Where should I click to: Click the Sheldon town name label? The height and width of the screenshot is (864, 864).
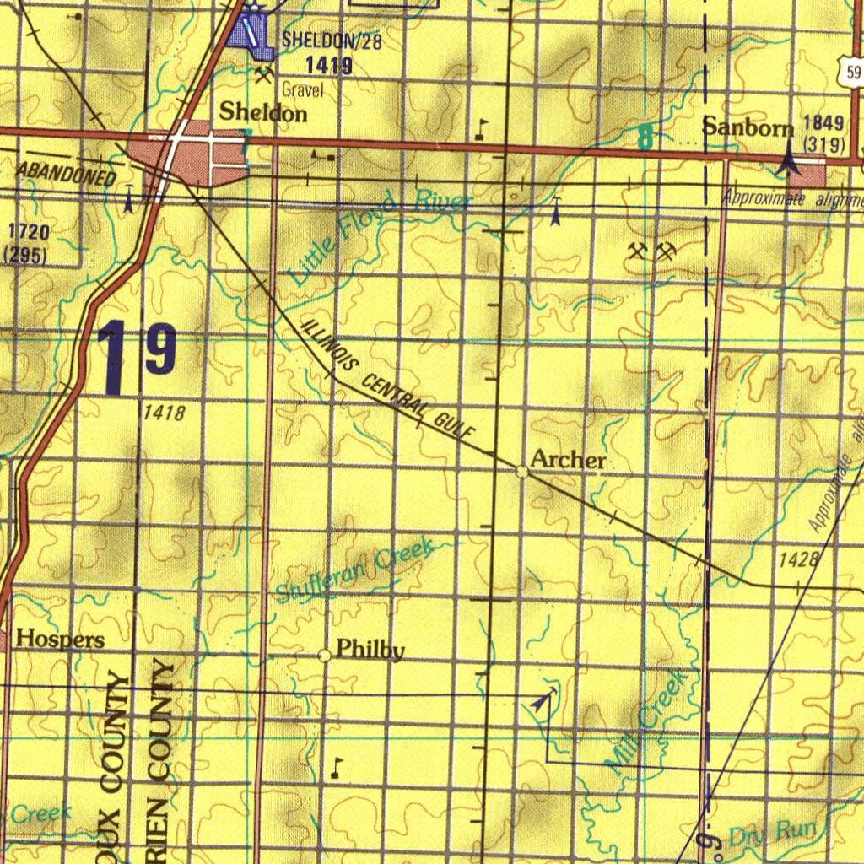coord(263,112)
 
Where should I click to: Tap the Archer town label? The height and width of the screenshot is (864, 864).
coord(568,460)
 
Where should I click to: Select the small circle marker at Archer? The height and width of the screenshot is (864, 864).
coord(522,472)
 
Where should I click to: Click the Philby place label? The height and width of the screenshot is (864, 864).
coord(370,650)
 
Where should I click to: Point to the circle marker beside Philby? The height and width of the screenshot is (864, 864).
coord(325,656)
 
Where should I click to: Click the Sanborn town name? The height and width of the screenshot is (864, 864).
coord(748,127)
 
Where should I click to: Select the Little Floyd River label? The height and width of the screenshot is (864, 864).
coord(378,235)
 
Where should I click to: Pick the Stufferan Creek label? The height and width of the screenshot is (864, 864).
coord(354,572)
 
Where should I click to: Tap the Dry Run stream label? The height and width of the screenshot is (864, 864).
coord(772,833)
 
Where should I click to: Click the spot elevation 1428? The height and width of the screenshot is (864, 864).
coord(799,559)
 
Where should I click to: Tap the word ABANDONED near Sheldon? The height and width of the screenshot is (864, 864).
coord(67,173)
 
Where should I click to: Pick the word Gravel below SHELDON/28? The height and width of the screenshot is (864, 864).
coord(303,89)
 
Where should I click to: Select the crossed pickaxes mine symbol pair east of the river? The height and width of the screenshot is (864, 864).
coord(652,251)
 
